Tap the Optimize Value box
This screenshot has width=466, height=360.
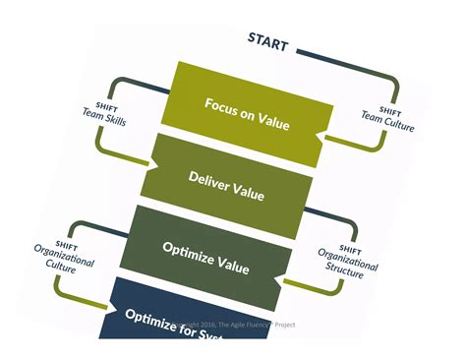coord(222,253)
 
